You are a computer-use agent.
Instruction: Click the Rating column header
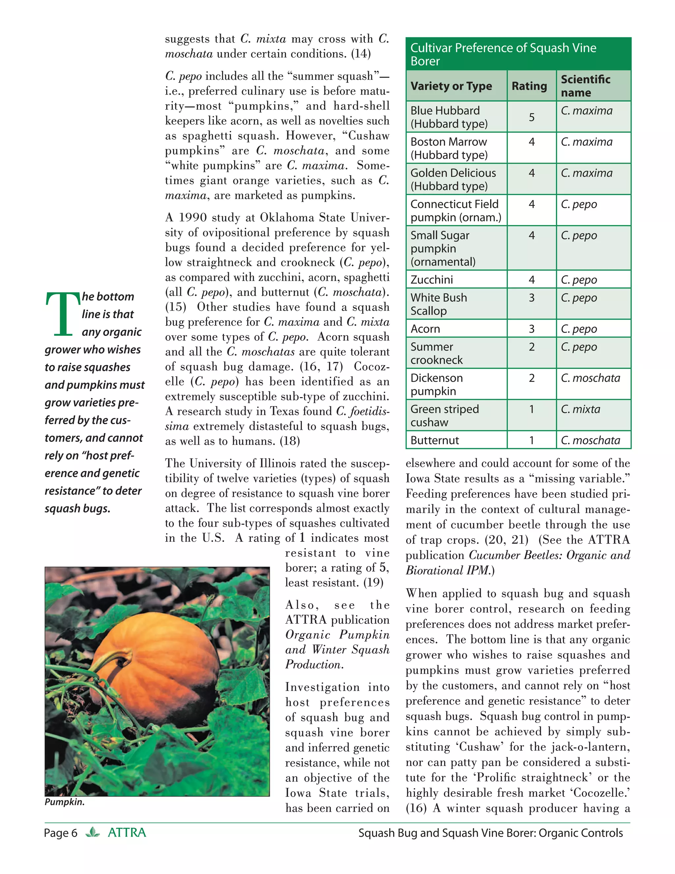(529, 86)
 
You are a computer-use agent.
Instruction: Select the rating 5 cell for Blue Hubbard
(531, 117)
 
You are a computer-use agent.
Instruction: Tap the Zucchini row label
(432, 279)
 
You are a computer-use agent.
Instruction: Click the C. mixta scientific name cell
(581, 409)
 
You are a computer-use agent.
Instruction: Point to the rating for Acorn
(531, 328)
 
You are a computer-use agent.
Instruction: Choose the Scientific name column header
(585, 86)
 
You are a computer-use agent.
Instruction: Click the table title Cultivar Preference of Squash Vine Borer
(503, 54)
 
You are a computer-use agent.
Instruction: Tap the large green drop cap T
(63, 314)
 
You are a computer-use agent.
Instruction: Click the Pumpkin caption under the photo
(64, 801)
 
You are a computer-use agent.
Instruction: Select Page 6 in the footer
(60, 833)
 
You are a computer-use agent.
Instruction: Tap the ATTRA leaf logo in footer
(93, 832)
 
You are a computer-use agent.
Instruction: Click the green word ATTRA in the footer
(127, 832)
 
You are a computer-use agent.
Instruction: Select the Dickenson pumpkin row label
(436, 384)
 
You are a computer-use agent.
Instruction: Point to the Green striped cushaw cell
(444, 415)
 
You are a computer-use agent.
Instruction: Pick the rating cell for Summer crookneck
(531, 347)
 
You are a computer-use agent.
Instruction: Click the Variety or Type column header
(451, 86)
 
